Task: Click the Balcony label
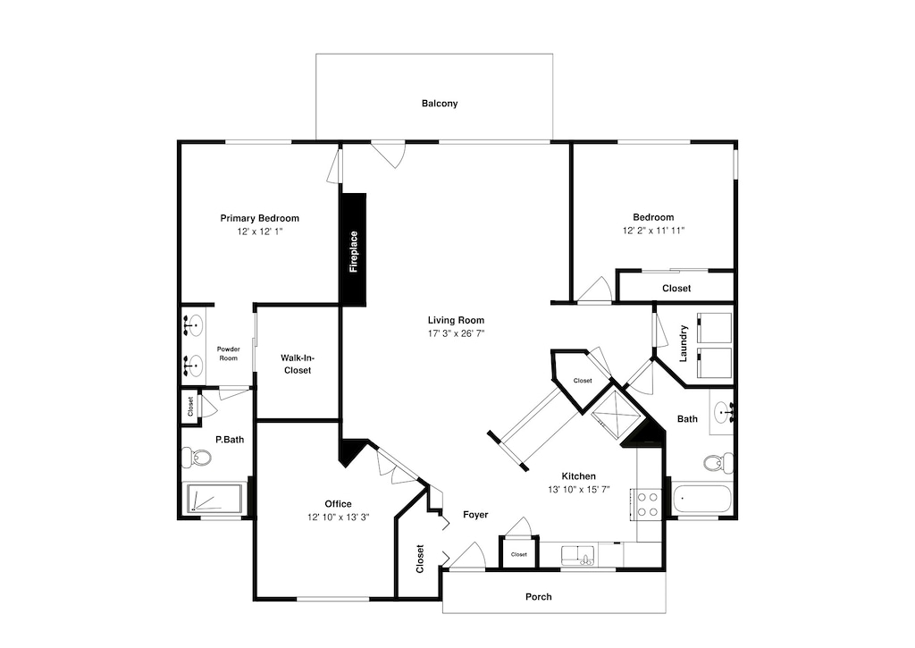pyautogui.click(x=440, y=104)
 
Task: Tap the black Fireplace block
pyautogui.click(x=353, y=250)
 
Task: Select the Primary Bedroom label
pyautogui.click(x=260, y=218)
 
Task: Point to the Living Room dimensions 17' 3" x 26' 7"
pyautogui.click(x=457, y=334)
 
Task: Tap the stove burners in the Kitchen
pyautogui.click(x=648, y=504)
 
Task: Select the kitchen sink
pyautogui.click(x=578, y=555)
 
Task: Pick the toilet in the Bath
pyautogui.click(x=718, y=462)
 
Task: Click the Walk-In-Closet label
pyautogui.click(x=298, y=365)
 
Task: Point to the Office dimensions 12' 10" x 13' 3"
pyautogui.click(x=339, y=518)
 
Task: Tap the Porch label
pyautogui.click(x=539, y=597)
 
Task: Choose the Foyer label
pyautogui.click(x=475, y=515)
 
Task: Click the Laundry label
pyautogui.click(x=684, y=344)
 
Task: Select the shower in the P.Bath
pyautogui.click(x=214, y=499)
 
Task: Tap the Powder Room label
pyautogui.click(x=228, y=354)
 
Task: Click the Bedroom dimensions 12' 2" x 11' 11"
pyautogui.click(x=653, y=231)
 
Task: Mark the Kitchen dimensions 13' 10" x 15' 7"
pyautogui.click(x=579, y=490)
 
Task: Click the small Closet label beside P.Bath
pyautogui.click(x=190, y=407)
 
